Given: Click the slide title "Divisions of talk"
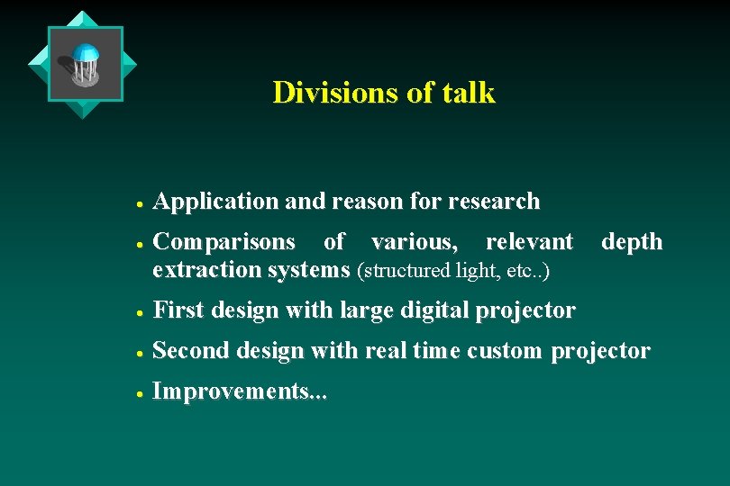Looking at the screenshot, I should click(x=384, y=93).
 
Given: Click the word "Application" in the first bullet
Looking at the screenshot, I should click(x=216, y=202).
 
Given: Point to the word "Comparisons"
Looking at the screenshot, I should click(x=224, y=242).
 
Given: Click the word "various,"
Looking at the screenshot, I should click(x=414, y=242).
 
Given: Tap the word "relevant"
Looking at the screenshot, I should click(x=529, y=242).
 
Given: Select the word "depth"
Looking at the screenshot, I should click(x=632, y=242).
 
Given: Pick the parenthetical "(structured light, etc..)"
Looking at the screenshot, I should click(x=453, y=270).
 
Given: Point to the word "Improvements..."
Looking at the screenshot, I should click(x=241, y=391).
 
